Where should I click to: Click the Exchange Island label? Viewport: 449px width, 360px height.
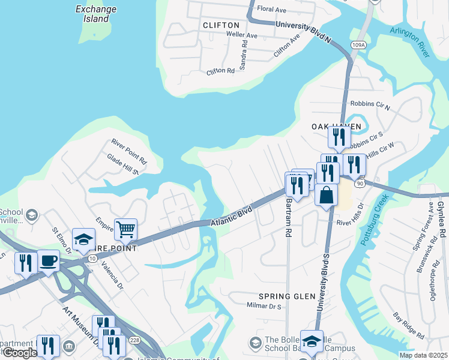click(92, 14)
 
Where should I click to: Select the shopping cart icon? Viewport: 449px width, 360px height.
click(126, 229)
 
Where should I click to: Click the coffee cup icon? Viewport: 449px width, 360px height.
click(49, 261)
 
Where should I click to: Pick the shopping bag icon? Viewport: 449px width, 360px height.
click(326, 196)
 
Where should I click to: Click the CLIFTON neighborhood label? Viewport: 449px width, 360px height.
click(221, 25)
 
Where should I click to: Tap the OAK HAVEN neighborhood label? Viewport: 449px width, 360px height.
click(336, 127)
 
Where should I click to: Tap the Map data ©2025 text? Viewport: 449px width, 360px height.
click(423, 355)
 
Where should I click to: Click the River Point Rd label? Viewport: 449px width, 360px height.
click(128, 152)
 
